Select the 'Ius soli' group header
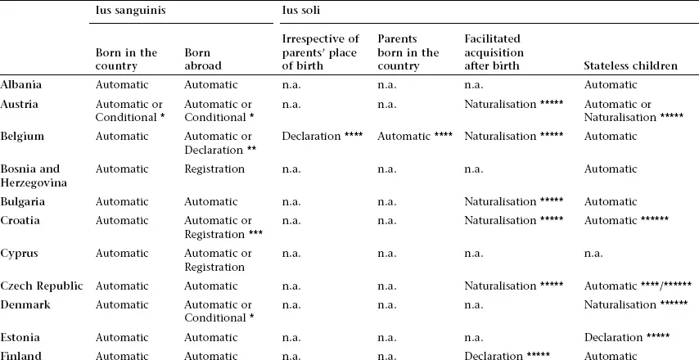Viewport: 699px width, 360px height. (x=301, y=12)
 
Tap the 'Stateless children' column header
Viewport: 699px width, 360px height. (x=630, y=65)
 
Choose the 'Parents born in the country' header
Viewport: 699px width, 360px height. (x=408, y=52)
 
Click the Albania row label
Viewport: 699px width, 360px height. (x=21, y=84)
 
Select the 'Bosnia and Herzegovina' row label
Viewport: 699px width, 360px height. (x=30, y=176)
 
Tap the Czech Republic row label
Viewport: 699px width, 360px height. (x=42, y=286)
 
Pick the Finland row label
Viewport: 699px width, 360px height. (x=21, y=356)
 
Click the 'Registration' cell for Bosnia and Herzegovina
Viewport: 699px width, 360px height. (x=214, y=169)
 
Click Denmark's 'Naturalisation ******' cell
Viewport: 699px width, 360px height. (x=636, y=304)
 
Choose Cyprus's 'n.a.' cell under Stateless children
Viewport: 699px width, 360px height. (x=593, y=254)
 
